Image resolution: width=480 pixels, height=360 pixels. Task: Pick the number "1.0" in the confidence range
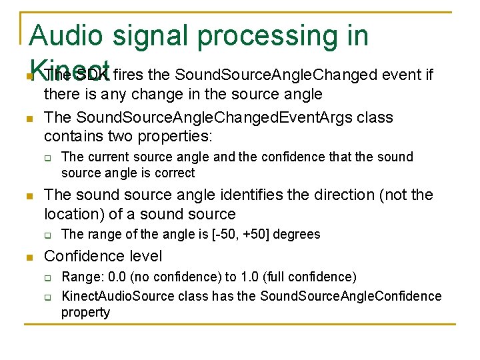(x=257, y=277)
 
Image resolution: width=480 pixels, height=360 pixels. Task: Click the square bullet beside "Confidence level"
(x=29, y=257)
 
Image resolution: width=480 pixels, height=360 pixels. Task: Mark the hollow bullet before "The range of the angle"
(x=49, y=235)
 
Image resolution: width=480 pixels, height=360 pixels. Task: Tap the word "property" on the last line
(x=85, y=312)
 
